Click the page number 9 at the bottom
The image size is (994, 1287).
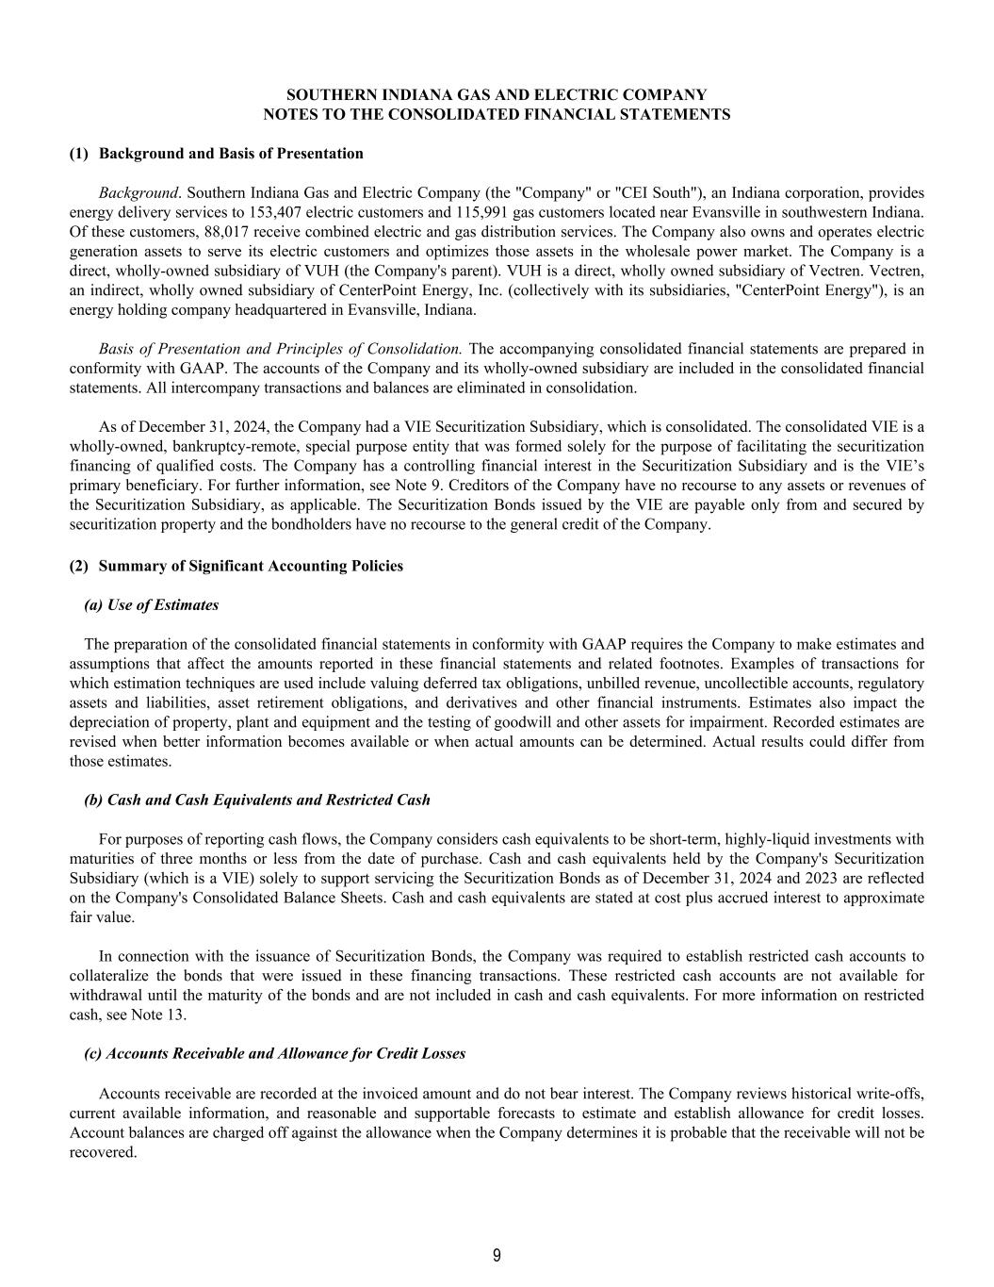point(497,1255)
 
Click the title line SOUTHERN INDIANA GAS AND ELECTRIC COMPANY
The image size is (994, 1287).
point(497,95)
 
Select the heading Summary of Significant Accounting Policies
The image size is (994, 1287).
point(251,566)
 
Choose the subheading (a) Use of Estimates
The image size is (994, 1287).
point(152,605)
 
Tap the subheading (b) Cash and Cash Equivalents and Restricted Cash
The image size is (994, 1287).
point(257,800)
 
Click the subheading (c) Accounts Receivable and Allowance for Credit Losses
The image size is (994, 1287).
point(275,1053)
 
